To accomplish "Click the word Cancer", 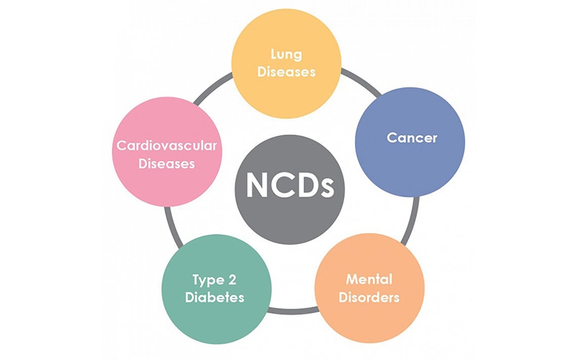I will click(x=411, y=138).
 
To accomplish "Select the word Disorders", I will click(x=368, y=297).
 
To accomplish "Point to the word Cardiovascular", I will click(x=167, y=146).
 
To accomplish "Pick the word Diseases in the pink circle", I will click(x=167, y=163).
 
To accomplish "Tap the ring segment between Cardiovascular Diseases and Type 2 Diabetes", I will click(x=171, y=220).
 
